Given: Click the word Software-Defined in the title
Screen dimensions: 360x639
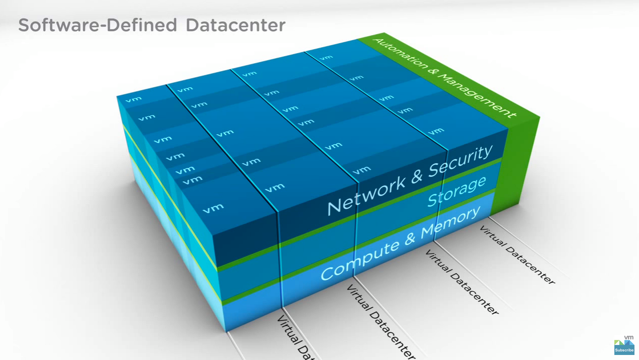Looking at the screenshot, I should [x=98, y=25].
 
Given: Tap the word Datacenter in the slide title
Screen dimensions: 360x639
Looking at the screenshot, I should [x=235, y=25].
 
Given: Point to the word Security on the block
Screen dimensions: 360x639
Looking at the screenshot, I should [x=460, y=162].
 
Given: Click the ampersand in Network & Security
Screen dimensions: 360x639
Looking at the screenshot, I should [x=415, y=178].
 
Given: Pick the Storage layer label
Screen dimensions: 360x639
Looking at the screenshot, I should [x=457, y=191].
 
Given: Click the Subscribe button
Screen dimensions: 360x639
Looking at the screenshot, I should [x=624, y=350].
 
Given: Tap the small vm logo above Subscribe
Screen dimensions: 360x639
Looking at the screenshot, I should [x=628, y=337].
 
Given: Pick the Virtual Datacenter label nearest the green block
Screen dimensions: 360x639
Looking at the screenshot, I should [x=517, y=255].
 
